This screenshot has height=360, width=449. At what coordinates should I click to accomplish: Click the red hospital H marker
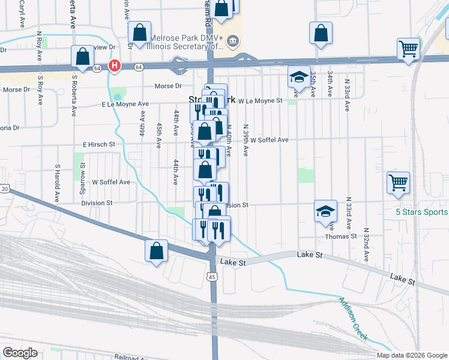pyautogui.click(x=114, y=65)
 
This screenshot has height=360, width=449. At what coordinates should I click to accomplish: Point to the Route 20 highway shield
pyautogui.click(x=4, y=188)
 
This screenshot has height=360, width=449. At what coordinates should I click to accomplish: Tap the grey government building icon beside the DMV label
pyautogui.click(x=234, y=41)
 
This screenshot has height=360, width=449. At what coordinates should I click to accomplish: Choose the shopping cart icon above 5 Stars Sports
pyautogui.click(x=399, y=182)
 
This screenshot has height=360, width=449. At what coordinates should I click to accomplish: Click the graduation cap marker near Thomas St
pyautogui.click(x=325, y=211)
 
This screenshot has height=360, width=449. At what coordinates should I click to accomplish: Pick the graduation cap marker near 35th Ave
pyautogui.click(x=297, y=76)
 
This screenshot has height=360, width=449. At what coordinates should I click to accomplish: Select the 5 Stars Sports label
pyautogui.click(x=421, y=212)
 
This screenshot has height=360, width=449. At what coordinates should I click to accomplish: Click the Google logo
pyautogui.click(x=20, y=353)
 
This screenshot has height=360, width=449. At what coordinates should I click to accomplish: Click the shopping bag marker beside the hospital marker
pyautogui.click(x=82, y=57)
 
